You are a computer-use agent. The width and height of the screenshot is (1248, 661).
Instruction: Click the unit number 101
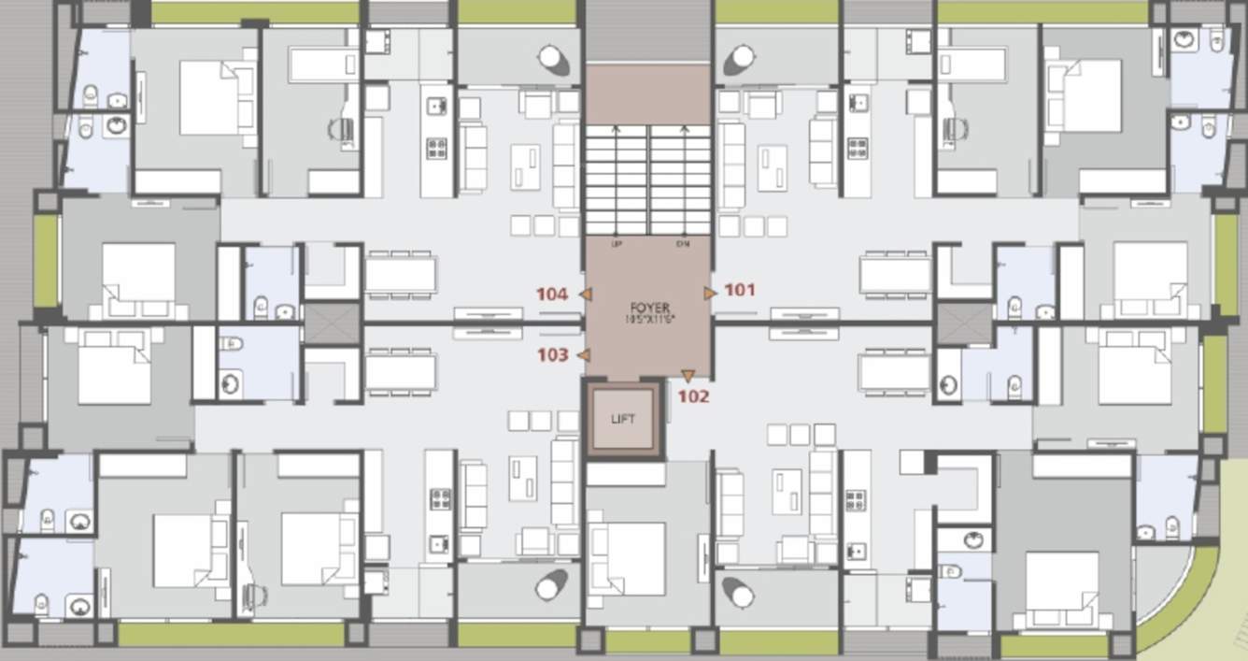click(x=739, y=290)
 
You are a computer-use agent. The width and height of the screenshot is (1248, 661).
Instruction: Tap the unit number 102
click(x=693, y=395)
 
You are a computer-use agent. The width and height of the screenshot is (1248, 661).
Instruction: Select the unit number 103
click(x=552, y=354)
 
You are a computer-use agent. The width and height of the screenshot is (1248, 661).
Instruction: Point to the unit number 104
click(x=552, y=294)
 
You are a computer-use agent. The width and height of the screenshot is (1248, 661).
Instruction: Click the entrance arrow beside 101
click(x=710, y=293)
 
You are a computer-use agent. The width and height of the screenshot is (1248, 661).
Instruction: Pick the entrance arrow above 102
click(x=688, y=377)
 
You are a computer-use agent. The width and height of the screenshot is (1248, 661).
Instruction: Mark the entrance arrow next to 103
click(x=583, y=355)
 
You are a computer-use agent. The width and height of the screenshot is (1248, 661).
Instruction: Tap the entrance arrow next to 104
click(x=585, y=295)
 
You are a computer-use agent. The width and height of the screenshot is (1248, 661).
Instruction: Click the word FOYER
click(x=649, y=308)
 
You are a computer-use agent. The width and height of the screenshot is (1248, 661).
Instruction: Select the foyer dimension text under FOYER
click(x=649, y=320)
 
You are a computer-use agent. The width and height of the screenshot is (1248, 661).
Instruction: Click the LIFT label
click(x=623, y=419)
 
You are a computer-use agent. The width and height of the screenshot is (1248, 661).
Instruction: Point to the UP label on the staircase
click(x=616, y=244)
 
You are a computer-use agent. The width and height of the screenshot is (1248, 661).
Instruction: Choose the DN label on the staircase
click(x=682, y=244)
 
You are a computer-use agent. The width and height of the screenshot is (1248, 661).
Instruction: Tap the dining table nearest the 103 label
click(x=400, y=372)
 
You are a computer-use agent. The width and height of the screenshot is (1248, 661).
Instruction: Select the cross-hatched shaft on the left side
click(x=332, y=323)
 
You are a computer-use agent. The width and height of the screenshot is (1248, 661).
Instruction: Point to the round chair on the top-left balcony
click(x=552, y=58)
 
